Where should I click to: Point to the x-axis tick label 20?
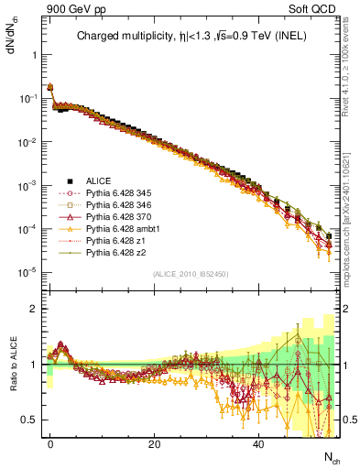click(155, 442)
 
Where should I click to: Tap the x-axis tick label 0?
click(50, 442)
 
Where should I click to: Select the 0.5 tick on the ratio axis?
click(29, 420)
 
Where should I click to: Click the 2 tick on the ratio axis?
click(33, 309)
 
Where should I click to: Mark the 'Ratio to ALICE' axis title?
click(12, 365)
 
